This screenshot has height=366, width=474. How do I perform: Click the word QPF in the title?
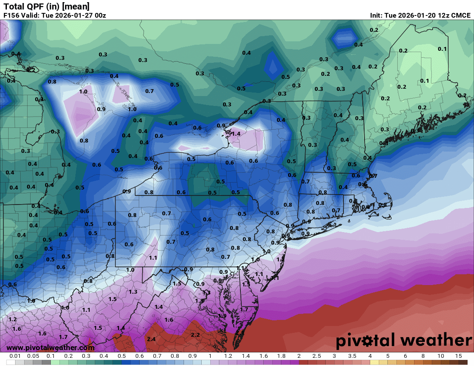(x=34, y=6)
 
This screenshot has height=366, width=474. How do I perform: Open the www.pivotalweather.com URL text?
(x=50, y=348)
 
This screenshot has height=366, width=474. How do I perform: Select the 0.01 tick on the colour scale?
(x=16, y=356)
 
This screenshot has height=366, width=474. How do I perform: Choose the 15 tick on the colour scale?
(x=458, y=356)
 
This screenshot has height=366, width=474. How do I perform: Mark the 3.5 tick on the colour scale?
(x=352, y=356)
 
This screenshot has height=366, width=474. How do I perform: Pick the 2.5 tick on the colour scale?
(x=316, y=356)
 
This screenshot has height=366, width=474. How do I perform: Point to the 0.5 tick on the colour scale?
(x=122, y=356)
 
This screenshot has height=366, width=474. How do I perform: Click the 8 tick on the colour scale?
(x=423, y=356)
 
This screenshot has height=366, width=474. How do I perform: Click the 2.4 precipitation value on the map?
(x=151, y=339)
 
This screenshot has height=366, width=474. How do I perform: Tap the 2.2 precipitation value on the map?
(x=195, y=335)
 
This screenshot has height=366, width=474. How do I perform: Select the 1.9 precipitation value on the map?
(x=222, y=316)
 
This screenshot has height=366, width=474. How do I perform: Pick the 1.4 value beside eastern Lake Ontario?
(x=236, y=134)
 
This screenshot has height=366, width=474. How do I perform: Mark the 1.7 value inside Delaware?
(x=244, y=309)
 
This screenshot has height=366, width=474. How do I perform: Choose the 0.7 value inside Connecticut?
(x=337, y=211)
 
